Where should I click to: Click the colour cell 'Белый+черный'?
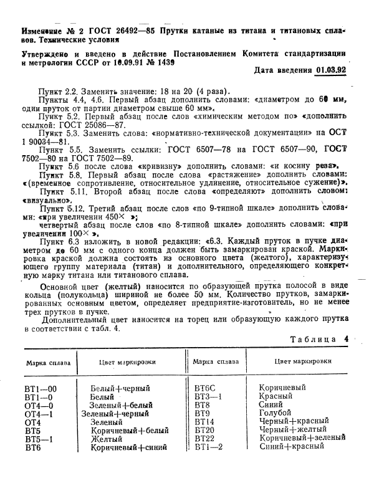click(x=120, y=388)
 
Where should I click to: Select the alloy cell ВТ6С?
click(x=206, y=387)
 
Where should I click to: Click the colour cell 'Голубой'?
click(x=275, y=413)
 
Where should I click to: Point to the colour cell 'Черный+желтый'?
click(x=292, y=429)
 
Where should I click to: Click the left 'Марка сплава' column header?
click(x=48, y=362)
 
